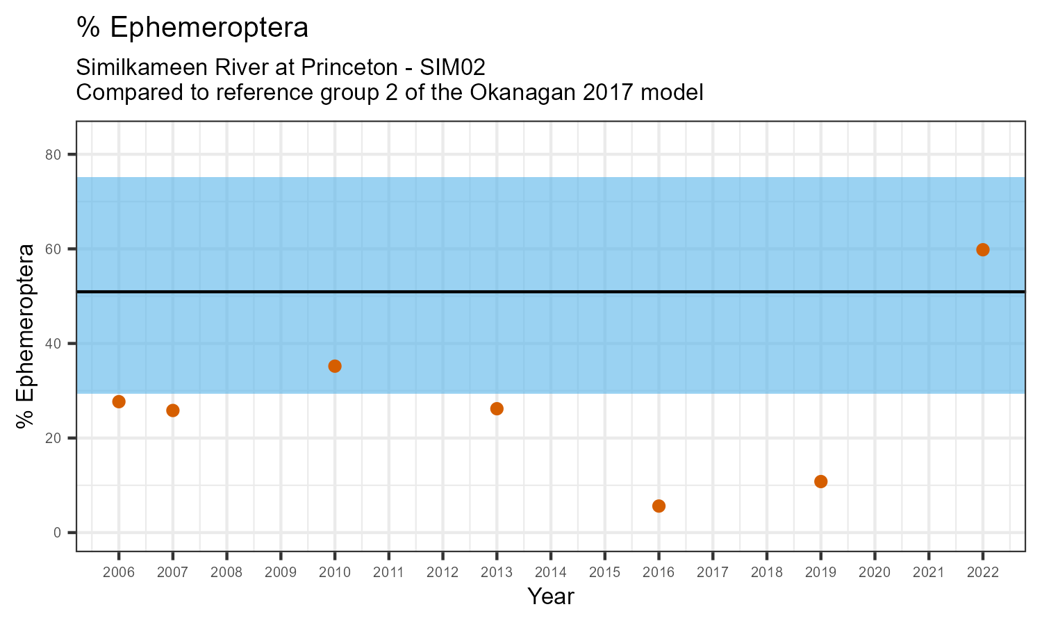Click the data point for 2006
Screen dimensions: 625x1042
(119, 401)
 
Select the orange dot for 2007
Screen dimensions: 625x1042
(173, 410)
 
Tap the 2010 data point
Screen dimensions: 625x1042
(335, 366)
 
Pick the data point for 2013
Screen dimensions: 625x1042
(497, 408)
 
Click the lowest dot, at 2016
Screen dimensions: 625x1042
(659, 506)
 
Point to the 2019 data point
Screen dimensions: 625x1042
(820, 481)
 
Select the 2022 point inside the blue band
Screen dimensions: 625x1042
(982, 250)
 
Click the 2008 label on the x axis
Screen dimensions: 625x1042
(226, 573)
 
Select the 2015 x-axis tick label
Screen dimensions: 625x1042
(604, 573)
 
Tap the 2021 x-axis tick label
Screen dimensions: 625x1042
(928, 573)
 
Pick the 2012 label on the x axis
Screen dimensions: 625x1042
(443, 573)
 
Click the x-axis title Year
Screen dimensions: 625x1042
(550, 597)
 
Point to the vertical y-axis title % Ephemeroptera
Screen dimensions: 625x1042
(26, 336)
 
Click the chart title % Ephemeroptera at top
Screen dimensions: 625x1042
(192, 28)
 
